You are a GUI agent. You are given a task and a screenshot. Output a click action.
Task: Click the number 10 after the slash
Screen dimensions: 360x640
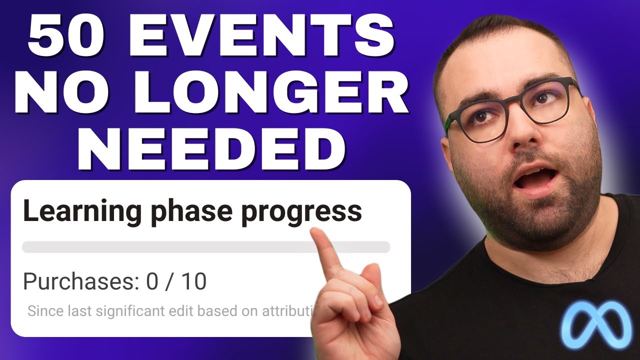click(x=194, y=282)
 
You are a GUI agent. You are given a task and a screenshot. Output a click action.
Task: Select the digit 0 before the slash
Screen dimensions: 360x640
click(x=151, y=282)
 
